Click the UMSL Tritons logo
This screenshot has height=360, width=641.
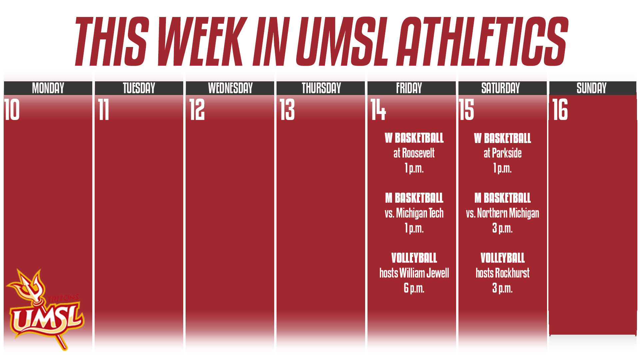[45, 310]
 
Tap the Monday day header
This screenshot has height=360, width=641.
[48, 88]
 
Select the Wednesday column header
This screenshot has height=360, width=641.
[230, 88]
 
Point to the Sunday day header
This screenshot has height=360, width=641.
[591, 88]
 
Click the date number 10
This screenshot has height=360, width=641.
[12, 110]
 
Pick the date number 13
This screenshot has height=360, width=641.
[287, 110]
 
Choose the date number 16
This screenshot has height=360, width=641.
[560, 110]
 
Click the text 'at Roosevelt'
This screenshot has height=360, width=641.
[414, 153]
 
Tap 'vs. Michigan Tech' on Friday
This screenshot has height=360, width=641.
[414, 213]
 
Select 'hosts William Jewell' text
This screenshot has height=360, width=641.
[414, 273]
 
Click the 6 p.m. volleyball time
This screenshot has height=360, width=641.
[414, 288]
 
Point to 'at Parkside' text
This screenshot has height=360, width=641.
[502, 153]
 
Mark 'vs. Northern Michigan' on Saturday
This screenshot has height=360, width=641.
[502, 213]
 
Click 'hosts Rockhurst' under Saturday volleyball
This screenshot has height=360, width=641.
[502, 273]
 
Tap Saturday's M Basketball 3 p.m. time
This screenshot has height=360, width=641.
[502, 228]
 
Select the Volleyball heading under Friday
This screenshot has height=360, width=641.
[414, 258]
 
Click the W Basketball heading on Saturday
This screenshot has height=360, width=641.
[502, 138]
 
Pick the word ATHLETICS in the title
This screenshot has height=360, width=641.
[483, 42]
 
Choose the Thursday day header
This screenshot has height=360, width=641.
[321, 88]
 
